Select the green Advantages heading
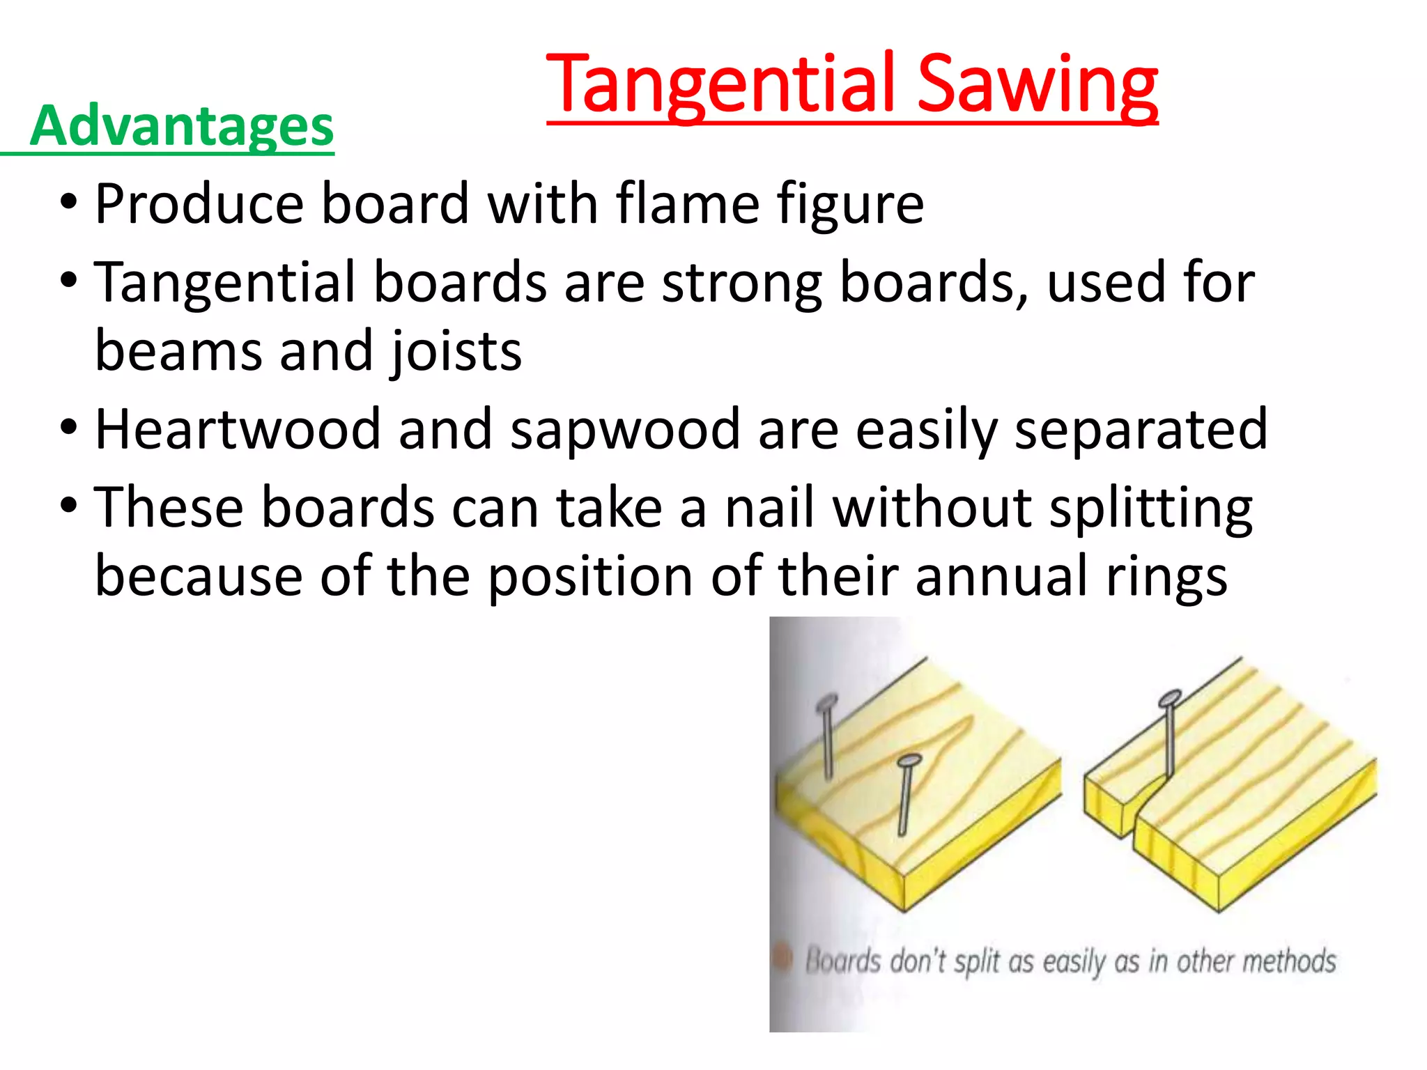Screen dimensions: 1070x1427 click(182, 126)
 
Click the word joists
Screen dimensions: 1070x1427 click(456, 351)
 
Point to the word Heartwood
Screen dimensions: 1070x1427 click(238, 429)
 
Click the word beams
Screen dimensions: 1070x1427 click(178, 351)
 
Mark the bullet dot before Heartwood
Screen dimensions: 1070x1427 click(68, 427)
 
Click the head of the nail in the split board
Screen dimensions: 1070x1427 click(1169, 698)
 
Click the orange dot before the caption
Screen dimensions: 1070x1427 click(784, 959)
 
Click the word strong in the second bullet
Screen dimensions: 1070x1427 click(741, 283)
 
